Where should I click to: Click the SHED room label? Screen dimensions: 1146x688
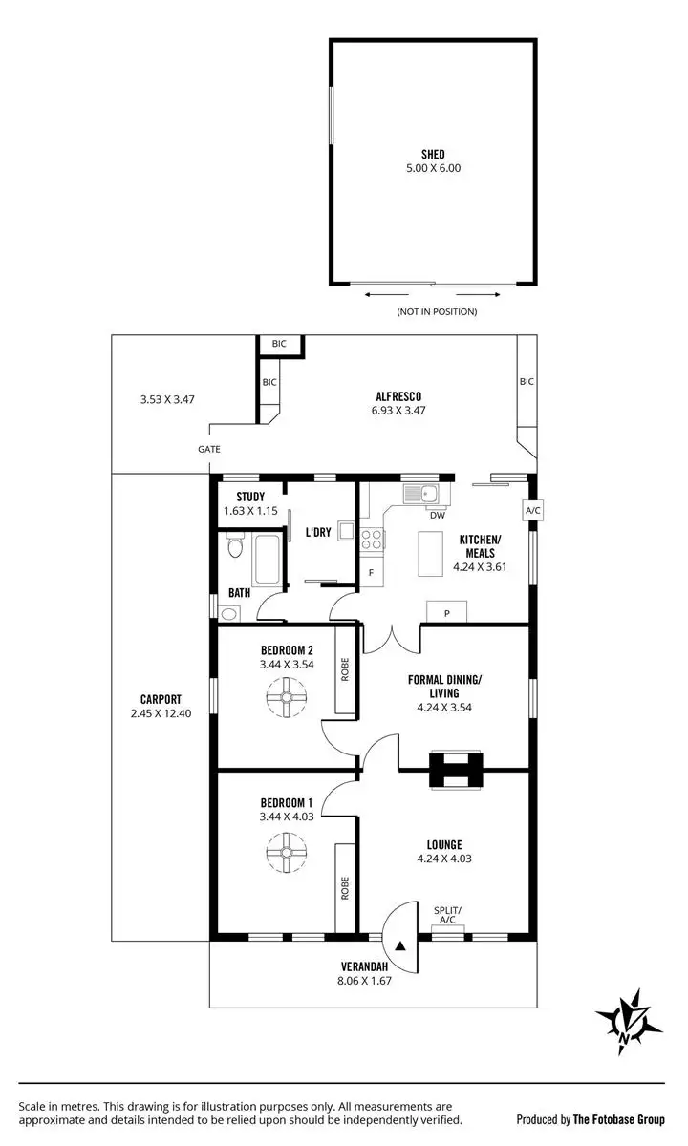coord(433,154)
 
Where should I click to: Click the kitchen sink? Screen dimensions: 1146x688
coord(420,494)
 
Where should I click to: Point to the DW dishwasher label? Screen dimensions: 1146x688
coord(437,516)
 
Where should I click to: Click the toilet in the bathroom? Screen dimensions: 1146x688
coord(235,548)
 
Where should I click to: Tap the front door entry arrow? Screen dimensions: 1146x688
coord(400,945)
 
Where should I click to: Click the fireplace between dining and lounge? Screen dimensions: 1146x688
coord(455,770)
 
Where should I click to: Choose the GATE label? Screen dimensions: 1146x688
coord(208,449)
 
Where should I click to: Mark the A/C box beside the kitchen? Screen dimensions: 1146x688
coord(532,511)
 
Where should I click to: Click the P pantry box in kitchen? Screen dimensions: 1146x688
coord(446,613)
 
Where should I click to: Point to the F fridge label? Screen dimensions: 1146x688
coord(372,573)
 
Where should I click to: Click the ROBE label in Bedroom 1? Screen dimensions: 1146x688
coord(345,888)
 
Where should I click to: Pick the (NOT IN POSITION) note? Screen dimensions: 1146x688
coord(436,312)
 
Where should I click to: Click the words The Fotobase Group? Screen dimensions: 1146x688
coord(619,1119)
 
